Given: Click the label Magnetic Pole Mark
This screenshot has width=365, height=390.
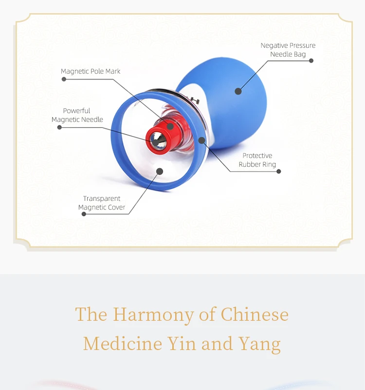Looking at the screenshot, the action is [x=91, y=71].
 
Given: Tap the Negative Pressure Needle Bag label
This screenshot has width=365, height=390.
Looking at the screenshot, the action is [x=288, y=50].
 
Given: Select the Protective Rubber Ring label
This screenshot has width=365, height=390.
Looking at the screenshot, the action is [x=257, y=160].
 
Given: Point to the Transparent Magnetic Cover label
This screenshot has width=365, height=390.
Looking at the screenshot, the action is [x=102, y=203].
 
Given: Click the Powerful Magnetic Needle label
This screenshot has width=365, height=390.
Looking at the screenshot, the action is [x=77, y=115].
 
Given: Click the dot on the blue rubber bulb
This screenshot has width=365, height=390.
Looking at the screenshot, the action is [x=238, y=91].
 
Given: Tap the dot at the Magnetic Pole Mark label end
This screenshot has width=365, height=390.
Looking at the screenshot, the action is [x=64, y=79].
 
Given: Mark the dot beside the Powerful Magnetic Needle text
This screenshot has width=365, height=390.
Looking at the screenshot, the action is [x=59, y=127].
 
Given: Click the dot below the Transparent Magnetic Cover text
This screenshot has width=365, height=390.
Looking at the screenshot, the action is [x=84, y=214].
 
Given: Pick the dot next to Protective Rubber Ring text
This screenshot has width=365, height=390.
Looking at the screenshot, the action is [x=279, y=171].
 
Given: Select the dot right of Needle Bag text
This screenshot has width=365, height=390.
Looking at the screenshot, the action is [x=311, y=61].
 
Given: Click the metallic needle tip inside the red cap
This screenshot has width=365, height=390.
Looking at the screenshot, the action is [x=159, y=141].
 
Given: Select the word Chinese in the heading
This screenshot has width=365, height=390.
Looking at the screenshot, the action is [x=255, y=314].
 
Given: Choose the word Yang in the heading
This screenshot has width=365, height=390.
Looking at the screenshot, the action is [x=259, y=344].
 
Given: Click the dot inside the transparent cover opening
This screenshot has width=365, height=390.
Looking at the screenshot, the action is [x=160, y=171].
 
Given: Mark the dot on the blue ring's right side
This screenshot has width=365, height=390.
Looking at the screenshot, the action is [x=201, y=140].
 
